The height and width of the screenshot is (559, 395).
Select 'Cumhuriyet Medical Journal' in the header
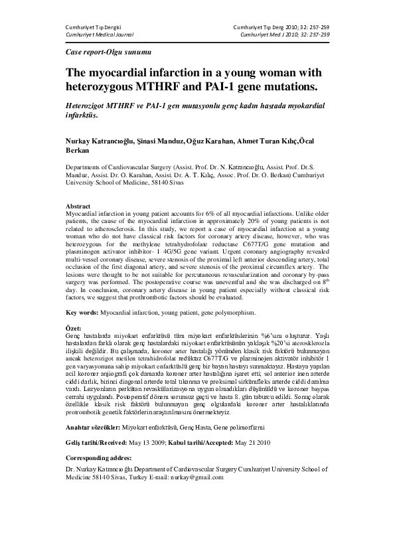(x=96, y=33)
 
